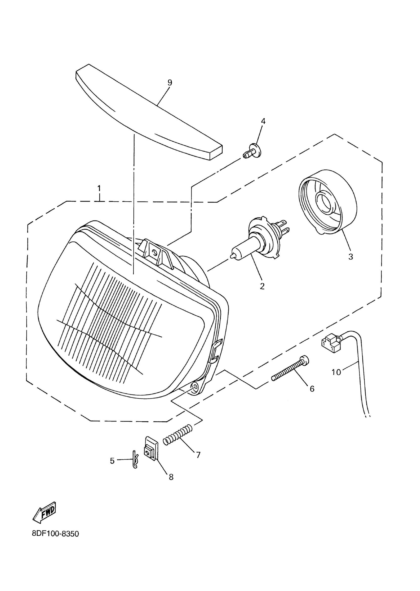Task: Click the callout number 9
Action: (170, 83)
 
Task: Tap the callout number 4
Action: (263, 121)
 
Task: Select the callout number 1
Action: (99, 188)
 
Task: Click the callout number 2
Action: (262, 286)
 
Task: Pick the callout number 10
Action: (336, 372)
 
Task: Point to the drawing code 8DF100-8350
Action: (55, 534)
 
